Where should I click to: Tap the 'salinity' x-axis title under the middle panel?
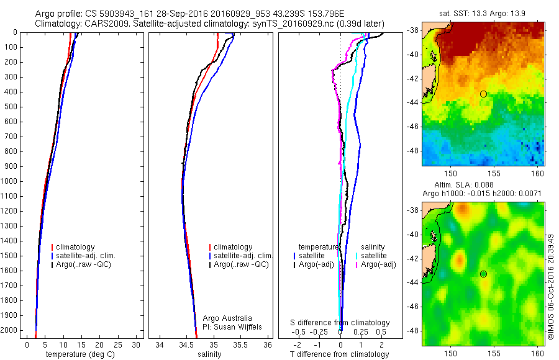click(x=209, y=354)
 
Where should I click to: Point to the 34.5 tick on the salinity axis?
click(x=186, y=344)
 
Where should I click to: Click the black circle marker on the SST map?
click(x=483, y=94)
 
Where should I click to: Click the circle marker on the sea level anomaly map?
click(x=483, y=274)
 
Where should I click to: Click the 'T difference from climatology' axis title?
click(x=339, y=354)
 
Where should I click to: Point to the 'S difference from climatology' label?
click(x=340, y=323)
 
